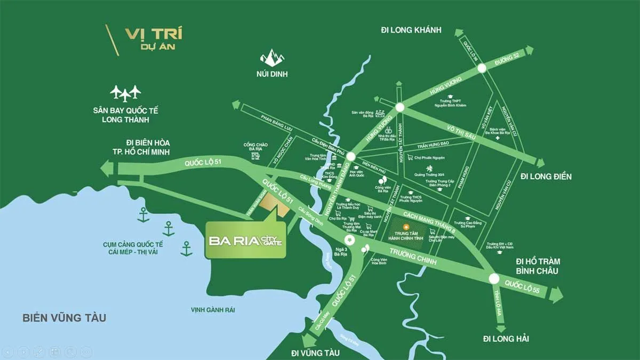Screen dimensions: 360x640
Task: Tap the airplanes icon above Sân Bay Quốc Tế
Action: (x=125, y=93)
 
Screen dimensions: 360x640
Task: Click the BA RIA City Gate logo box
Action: (x=245, y=240)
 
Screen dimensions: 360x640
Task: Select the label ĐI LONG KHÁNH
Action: (x=411, y=30)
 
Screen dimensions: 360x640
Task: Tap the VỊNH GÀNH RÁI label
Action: (x=213, y=310)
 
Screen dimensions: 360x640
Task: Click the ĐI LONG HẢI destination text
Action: (x=506, y=339)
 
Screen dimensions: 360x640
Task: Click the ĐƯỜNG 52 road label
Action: (x=507, y=59)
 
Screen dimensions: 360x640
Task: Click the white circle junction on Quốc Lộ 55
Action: (x=493, y=278)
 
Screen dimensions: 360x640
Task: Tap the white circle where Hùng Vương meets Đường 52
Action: (x=482, y=68)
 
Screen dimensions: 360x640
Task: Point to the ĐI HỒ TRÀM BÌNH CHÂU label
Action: (x=537, y=266)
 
